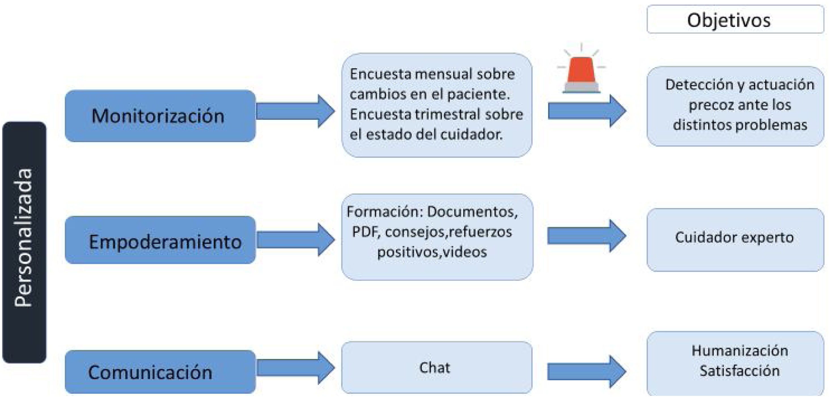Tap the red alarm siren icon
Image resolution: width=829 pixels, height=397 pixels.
[x=582, y=72]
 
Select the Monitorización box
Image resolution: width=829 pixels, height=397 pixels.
[x=160, y=116]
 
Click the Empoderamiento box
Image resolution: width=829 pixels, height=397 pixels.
[x=160, y=240]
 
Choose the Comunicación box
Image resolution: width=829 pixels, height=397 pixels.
[x=160, y=372]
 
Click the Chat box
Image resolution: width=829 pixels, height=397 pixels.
[x=436, y=368]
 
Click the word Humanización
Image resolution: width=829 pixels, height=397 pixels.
[x=739, y=351]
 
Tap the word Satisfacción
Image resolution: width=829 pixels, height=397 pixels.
[x=739, y=371]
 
